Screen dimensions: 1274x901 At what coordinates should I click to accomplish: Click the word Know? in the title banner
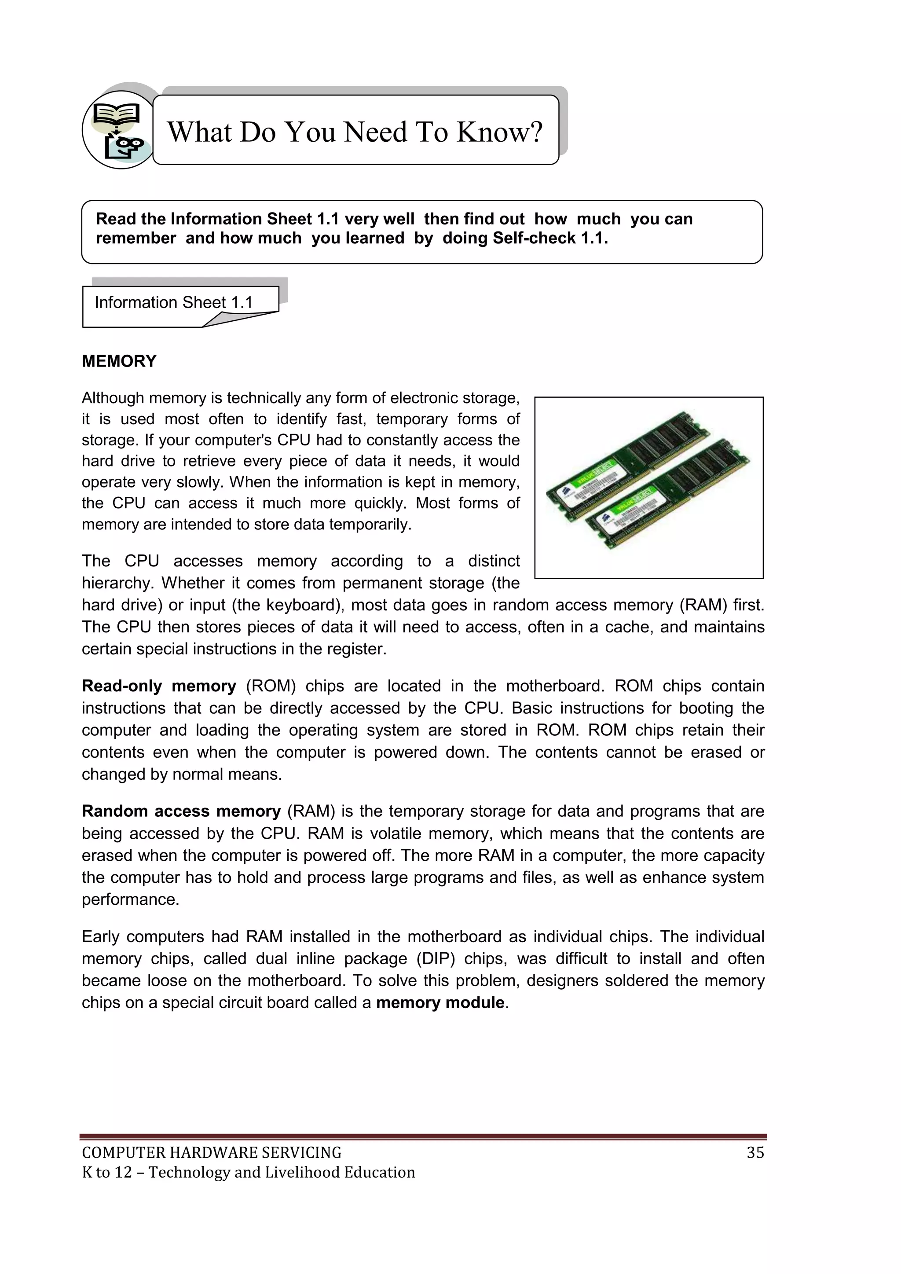click(499, 132)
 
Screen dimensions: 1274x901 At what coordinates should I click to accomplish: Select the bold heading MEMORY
click(119, 361)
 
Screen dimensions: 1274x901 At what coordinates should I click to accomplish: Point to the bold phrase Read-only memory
click(159, 687)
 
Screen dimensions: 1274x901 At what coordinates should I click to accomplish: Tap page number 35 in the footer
click(755, 1153)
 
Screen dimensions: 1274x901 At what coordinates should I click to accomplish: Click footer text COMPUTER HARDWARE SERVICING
click(211, 1153)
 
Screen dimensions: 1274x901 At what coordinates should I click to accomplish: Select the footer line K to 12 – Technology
click(248, 1172)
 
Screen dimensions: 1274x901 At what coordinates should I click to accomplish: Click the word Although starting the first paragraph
click(113, 398)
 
